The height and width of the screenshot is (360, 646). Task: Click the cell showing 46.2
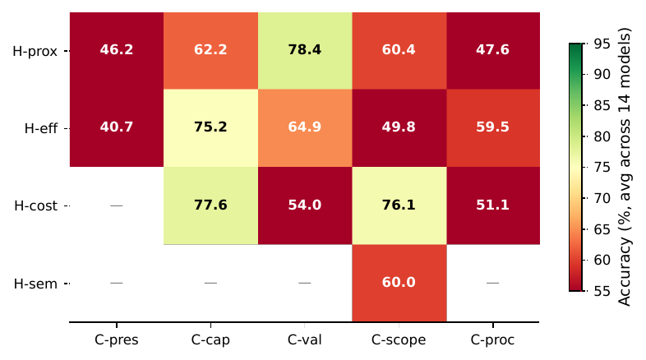click(x=116, y=50)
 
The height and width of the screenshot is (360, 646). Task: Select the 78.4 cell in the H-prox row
click(x=305, y=50)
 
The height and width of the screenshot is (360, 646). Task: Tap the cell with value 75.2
click(x=210, y=127)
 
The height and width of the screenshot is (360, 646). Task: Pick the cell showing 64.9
click(x=305, y=127)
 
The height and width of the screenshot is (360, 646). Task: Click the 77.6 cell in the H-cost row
click(x=210, y=205)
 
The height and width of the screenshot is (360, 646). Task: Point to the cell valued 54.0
click(x=305, y=205)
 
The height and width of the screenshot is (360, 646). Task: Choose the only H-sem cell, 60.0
click(x=399, y=283)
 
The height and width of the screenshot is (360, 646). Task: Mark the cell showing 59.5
click(x=493, y=127)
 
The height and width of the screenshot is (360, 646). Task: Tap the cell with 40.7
click(x=116, y=127)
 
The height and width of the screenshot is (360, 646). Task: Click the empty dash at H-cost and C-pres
click(x=116, y=205)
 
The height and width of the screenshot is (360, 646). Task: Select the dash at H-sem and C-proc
click(x=493, y=283)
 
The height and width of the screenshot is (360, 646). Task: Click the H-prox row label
click(x=35, y=51)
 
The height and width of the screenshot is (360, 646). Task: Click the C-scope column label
click(x=399, y=339)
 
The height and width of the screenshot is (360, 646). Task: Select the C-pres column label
click(x=116, y=339)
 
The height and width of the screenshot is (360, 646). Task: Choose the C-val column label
click(x=305, y=339)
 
